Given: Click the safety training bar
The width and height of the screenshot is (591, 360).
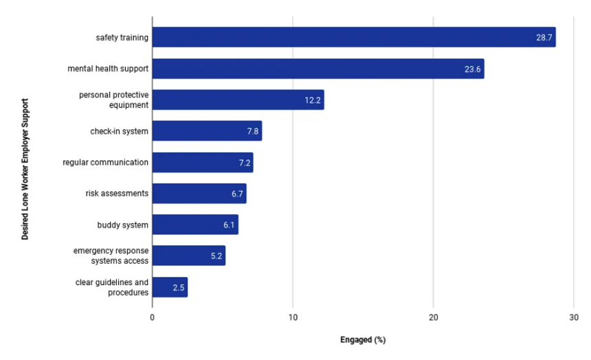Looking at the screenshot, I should (x=353, y=37).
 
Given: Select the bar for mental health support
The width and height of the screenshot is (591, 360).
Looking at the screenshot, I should (x=317, y=69).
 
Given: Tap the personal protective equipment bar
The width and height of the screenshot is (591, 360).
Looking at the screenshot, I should (x=238, y=100).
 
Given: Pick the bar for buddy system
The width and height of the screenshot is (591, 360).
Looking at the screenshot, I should (x=195, y=225).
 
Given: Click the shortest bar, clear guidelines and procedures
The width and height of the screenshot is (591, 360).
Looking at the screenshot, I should (x=170, y=287).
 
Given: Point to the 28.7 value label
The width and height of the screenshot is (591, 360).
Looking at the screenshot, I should (x=544, y=38).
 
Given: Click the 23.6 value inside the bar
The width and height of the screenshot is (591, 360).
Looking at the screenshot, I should (x=472, y=69).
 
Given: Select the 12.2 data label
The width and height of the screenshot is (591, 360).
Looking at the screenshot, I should (x=313, y=100).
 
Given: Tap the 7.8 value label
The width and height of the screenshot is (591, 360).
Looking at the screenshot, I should (x=252, y=131).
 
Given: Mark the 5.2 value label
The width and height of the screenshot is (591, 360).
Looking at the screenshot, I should (x=216, y=256).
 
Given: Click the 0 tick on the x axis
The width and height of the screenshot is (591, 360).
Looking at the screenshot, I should (x=153, y=317).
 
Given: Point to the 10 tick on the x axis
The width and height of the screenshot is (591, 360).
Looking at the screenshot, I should (x=293, y=317).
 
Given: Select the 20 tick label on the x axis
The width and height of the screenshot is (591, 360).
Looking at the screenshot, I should (x=433, y=317).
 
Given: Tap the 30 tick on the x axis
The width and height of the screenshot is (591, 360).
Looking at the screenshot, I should (x=573, y=317).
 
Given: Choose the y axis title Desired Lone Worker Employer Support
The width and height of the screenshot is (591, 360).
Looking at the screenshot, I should (x=25, y=169).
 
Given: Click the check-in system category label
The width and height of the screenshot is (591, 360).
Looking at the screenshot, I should (x=119, y=131).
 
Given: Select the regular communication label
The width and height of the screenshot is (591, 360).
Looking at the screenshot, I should (x=105, y=162).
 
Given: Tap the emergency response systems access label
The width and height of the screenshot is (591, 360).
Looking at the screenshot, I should (x=111, y=256).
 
